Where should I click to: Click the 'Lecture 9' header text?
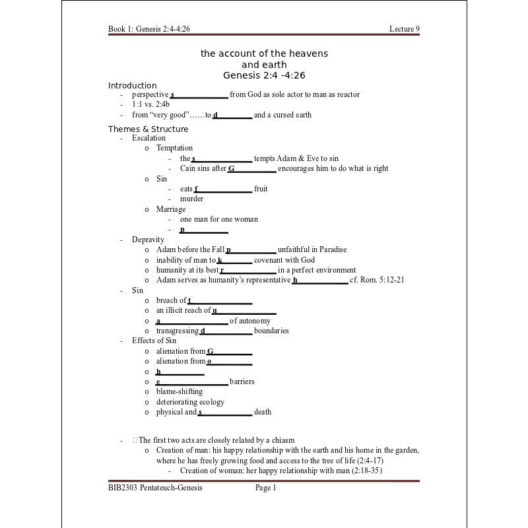tap(404, 29)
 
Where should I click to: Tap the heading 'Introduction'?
tap(132, 85)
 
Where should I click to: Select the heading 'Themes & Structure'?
tap(148, 129)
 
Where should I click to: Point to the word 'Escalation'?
tap(148, 138)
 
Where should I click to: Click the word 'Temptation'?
tap(174, 148)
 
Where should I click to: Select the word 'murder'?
tap(191, 199)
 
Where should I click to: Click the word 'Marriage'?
tap(171, 209)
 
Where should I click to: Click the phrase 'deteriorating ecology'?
tap(190, 402)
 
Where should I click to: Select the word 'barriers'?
tap(242, 381)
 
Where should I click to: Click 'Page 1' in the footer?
tap(266, 488)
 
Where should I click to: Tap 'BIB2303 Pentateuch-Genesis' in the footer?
tap(155, 488)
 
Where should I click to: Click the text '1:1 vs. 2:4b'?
tap(150, 104)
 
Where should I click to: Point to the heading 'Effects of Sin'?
tap(154, 341)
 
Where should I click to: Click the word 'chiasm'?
tap(281, 440)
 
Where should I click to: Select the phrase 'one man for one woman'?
tap(218, 219)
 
